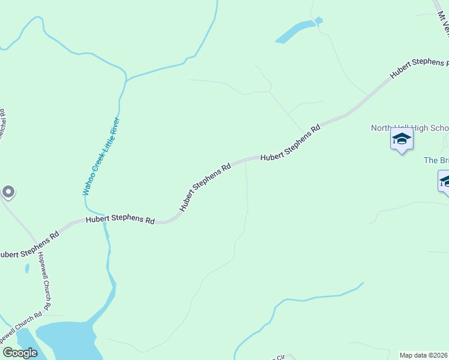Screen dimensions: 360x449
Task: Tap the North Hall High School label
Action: coord(409,128)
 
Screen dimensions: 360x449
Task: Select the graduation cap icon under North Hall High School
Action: coord(402,139)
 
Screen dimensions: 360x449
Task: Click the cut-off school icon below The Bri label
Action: coord(445,181)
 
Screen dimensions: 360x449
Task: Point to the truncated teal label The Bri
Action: coord(436,160)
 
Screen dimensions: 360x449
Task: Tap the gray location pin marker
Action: coord(8,192)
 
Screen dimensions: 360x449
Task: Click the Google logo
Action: coord(20,353)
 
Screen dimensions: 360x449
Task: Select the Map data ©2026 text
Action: coord(424,355)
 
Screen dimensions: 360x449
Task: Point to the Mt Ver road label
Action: coord(443,24)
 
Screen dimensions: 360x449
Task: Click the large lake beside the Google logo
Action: coord(66,339)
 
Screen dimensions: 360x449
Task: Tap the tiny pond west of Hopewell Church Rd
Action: coord(27,268)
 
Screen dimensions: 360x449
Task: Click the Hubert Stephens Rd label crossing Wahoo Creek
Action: coord(120,220)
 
